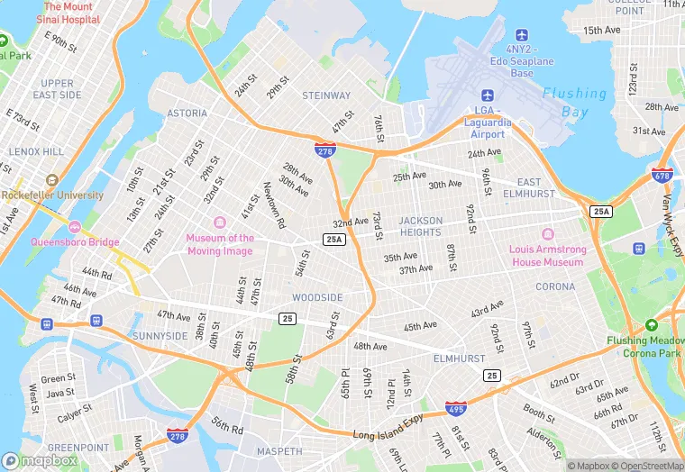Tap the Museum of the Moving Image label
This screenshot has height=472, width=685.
(220, 244)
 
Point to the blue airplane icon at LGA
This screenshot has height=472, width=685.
(488, 95)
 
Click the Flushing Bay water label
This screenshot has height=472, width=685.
(574, 102)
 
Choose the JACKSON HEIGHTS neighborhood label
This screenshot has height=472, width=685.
(421, 226)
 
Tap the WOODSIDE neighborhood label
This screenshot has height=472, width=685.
(317, 297)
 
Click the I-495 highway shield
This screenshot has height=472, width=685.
(456, 408)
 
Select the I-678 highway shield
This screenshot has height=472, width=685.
(662, 174)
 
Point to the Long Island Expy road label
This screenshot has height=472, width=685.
(388, 434)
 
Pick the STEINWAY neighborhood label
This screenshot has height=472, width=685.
(326, 95)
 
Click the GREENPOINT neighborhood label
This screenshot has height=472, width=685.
(78, 448)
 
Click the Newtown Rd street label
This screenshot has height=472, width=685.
(274, 204)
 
